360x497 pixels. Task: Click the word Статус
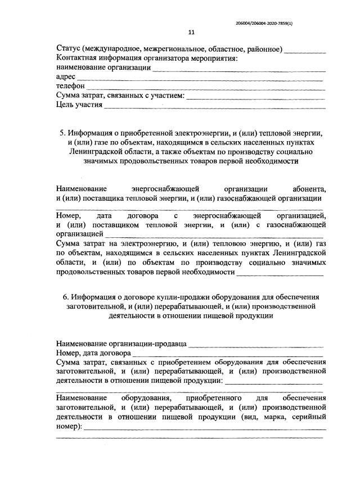pyautogui.click(x=69, y=49)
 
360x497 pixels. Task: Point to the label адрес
pyautogui.click(x=66, y=77)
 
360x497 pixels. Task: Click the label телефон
pyautogui.click(x=71, y=86)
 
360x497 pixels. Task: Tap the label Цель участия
pyautogui.click(x=79, y=105)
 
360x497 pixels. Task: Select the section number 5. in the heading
pyautogui.click(x=62, y=133)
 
